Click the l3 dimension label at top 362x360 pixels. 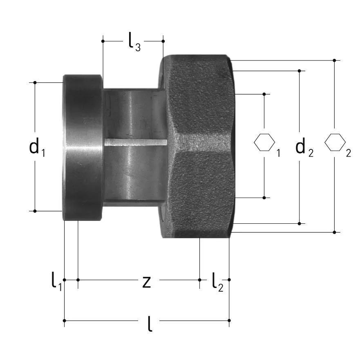[x=134, y=42]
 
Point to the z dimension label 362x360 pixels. [x=147, y=282]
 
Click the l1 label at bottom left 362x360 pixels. [x=56, y=281]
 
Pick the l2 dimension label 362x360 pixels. [x=217, y=282]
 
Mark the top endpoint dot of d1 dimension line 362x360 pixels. [x=35, y=83]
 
